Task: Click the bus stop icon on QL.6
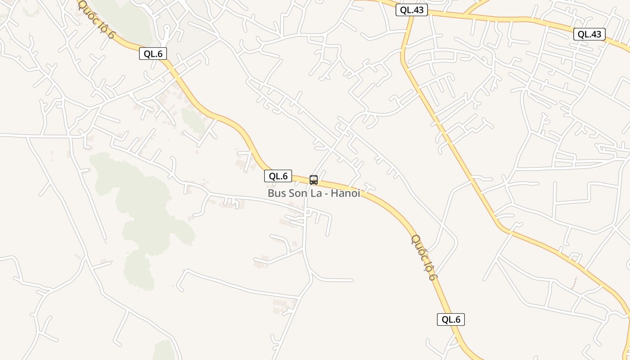point(314,180)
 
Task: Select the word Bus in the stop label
point(276,193)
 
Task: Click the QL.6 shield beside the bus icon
point(278,176)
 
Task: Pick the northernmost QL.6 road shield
point(153,54)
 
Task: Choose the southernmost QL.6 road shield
point(451,319)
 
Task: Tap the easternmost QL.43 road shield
point(589,34)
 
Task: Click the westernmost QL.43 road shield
point(412,10)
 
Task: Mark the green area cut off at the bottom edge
point(164,351)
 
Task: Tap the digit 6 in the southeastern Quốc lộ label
point(432,276)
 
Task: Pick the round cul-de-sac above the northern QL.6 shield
point(167,28)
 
